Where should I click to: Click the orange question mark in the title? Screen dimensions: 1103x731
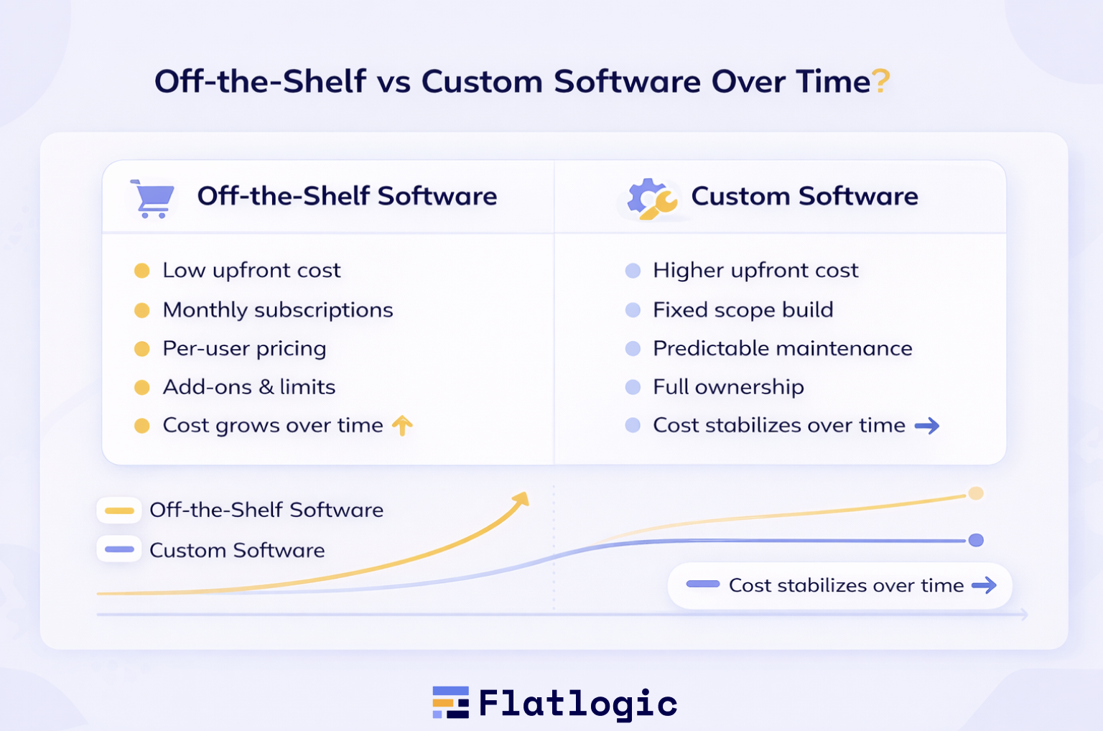tap(880, 81)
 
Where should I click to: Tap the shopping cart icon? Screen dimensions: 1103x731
tap(153, 198)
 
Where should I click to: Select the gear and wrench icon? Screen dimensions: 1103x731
tap(652, 199)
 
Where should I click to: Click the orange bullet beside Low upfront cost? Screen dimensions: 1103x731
tap(141, 271)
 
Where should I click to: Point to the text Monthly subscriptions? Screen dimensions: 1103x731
tap(278, 310)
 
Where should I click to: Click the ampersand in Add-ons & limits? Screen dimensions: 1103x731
tap(266, 387)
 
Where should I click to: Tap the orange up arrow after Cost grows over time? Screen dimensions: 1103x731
tap(402, 425)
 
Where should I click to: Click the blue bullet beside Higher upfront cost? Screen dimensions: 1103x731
tap(633, 271)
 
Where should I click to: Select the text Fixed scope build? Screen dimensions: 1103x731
tap(743, 310)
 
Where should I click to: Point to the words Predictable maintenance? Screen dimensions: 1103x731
tap(783, 348)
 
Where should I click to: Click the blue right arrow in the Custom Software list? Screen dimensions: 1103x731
tap(927, 426)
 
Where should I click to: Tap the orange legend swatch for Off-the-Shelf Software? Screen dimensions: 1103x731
tap(119, 511)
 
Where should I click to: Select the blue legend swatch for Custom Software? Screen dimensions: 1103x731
tap(119, 549)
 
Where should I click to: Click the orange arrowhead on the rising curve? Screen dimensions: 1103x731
tap(521, 499)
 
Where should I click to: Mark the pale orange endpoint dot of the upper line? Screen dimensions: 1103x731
tap(975, 493)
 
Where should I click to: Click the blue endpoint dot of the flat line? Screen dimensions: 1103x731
tap(976, 540)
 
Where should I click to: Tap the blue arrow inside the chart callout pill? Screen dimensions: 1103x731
tap(984, 585)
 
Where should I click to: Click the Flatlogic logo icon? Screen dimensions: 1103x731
tap(450, 702)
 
